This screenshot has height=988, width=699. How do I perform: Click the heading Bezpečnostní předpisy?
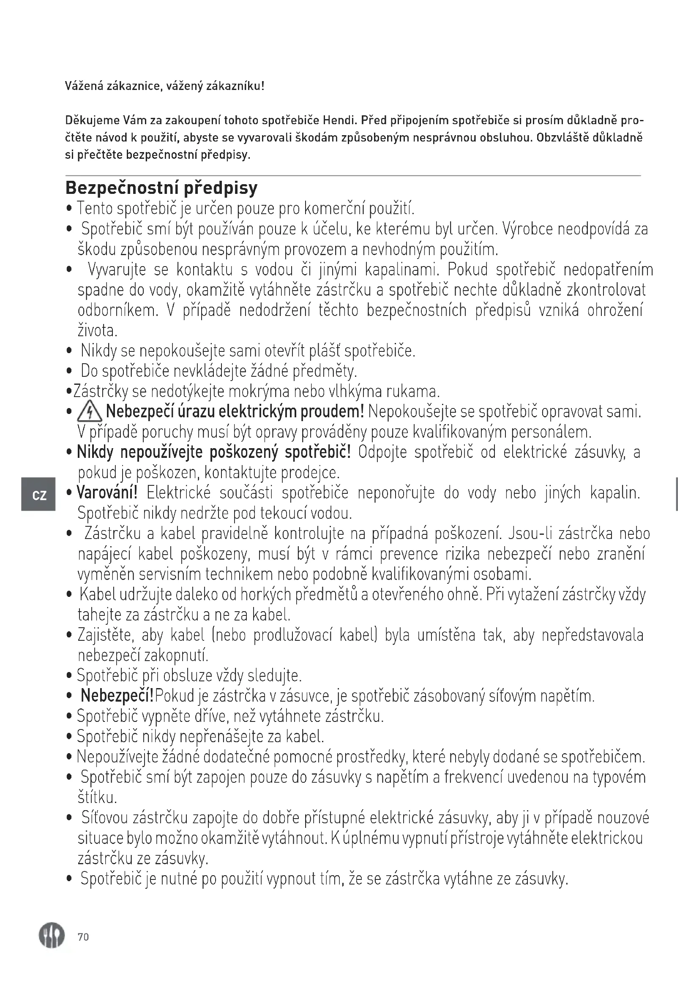pos(161,188)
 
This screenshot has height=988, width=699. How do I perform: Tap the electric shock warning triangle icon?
pos(90,413)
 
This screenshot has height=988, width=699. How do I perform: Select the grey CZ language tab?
pos(39,495)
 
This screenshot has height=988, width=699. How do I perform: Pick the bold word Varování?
pos(107,492)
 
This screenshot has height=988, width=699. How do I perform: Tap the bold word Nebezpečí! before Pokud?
pos(117,695)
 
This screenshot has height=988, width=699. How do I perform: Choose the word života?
pos(97,330)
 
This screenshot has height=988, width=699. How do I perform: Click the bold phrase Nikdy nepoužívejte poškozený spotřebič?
pos(214,452)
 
